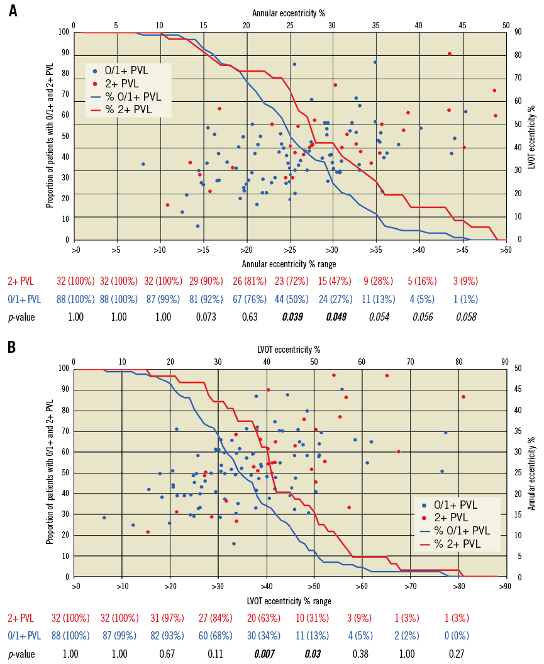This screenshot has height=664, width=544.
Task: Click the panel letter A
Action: [13, 11]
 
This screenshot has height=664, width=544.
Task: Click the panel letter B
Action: [13, 347]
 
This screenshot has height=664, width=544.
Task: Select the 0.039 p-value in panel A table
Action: [293, 317]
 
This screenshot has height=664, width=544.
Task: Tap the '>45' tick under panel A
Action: [462, 250]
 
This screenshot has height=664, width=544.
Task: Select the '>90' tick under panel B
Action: [505, 587]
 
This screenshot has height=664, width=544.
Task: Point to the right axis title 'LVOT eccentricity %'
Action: [531, 136]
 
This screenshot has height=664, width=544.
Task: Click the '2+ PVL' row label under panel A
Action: [21, 280]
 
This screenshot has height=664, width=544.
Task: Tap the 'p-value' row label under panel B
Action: [21, 654]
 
